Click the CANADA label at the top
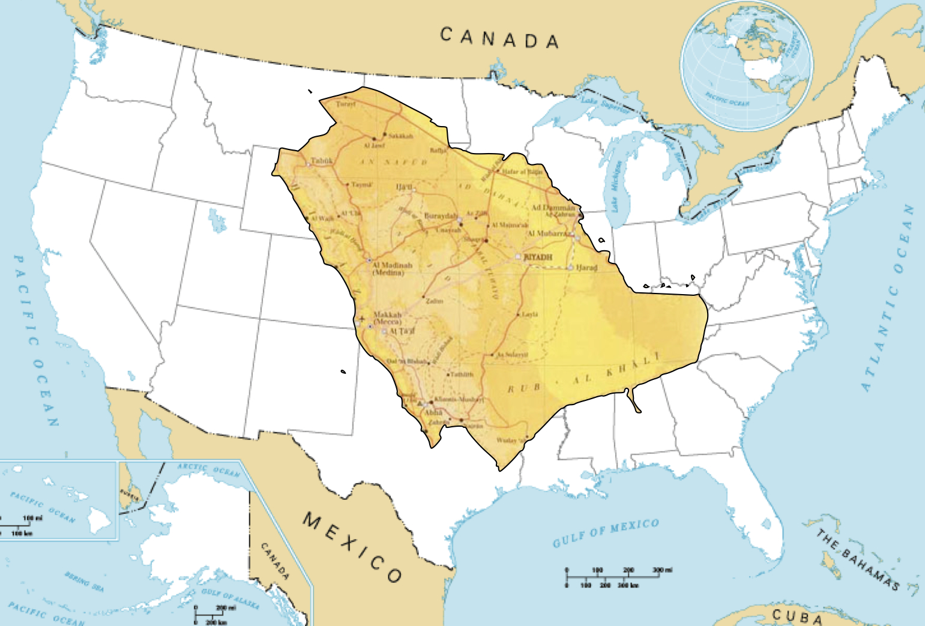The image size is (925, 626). [x=499, y=38]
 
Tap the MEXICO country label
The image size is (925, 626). [x=352, y=547]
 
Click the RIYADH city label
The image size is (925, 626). [x=538, y=257]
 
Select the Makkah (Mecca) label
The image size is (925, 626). [x=387, y=318]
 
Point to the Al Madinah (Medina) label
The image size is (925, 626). [x=392, y=268]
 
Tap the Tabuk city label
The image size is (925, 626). [x=322, y=161]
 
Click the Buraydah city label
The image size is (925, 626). [x=441, y=215]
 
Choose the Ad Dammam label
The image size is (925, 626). [x=553, y=208]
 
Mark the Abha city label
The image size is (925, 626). [x=433, y=412]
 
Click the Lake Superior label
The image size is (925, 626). [x=605, y=106]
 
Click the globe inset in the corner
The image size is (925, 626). [x=746, y=64]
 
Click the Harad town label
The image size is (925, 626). [x=586, y=268]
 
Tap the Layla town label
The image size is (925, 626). [x=530, y=314]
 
